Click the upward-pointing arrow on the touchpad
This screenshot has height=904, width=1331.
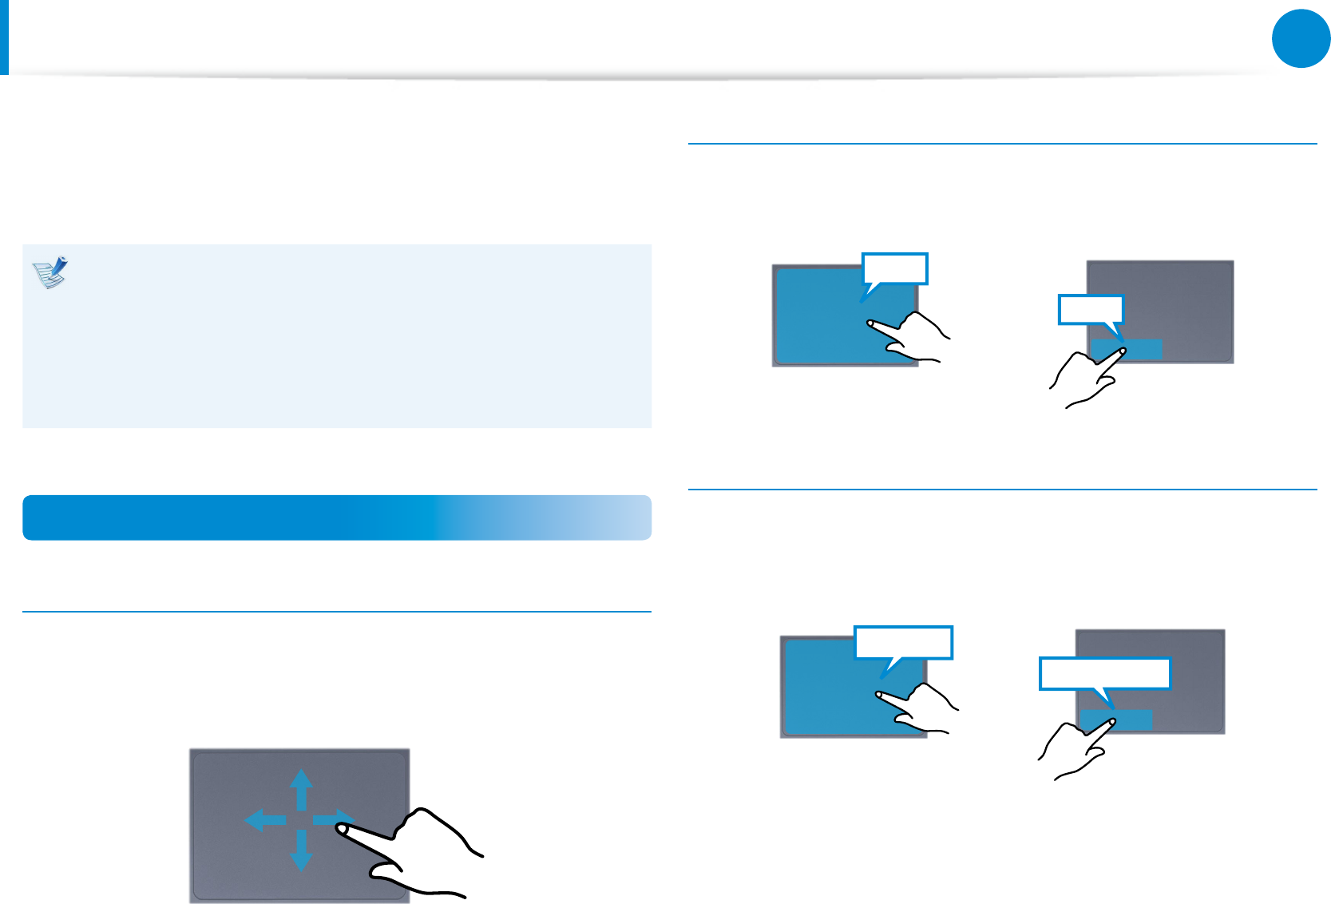point(300,787)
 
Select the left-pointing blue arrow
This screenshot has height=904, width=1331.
point(263,819)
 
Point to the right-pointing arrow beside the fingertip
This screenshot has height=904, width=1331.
point(329,819)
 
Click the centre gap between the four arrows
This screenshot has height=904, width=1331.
point(300,819)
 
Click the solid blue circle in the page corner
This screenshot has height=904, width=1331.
point(1301,38)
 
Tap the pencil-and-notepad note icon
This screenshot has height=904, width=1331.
point(50,272)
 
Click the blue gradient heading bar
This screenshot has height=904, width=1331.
point(336,517)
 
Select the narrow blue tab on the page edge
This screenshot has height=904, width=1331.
point(4,37)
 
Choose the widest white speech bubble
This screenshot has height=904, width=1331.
point(1104,673)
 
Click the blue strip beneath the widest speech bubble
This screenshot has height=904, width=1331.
point(1116,720)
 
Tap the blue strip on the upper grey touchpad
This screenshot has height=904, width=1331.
point(1127,349)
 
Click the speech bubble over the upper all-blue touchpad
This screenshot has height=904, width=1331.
point(895,268)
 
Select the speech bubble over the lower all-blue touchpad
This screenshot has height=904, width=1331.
point(903,642)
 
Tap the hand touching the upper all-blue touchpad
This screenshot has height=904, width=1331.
point(914,336)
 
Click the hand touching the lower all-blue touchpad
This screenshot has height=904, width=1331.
point(922,708)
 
